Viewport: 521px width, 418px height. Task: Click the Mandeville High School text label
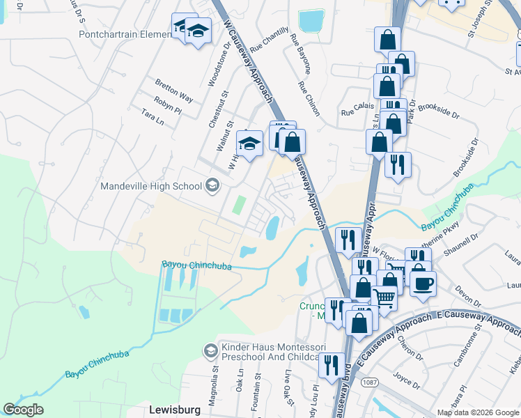151,186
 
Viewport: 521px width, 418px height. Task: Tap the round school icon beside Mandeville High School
212,185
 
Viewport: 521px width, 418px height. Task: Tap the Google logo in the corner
24,410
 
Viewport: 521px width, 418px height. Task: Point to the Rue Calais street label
355,111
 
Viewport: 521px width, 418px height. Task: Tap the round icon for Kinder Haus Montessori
210,350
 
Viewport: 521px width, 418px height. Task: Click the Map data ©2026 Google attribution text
477,412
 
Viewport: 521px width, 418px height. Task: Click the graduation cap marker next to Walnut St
249,144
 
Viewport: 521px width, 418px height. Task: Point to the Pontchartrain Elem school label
124,34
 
